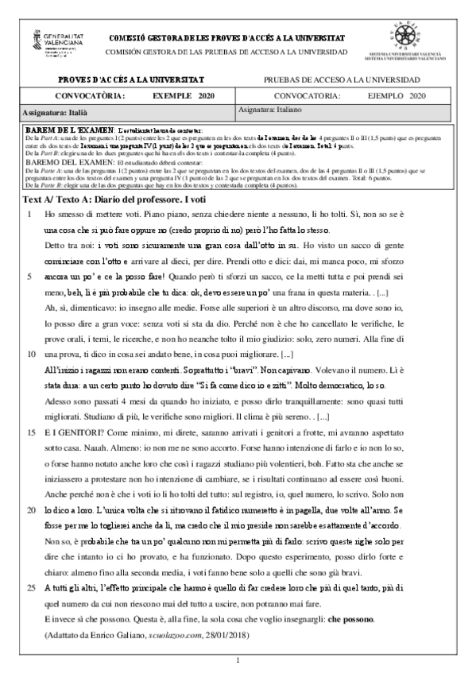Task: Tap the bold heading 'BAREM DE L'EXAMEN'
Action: (x=69, y=129)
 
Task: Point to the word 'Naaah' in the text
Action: (x=103, y=470)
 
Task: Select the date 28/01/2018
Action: (x=226, y=657)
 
